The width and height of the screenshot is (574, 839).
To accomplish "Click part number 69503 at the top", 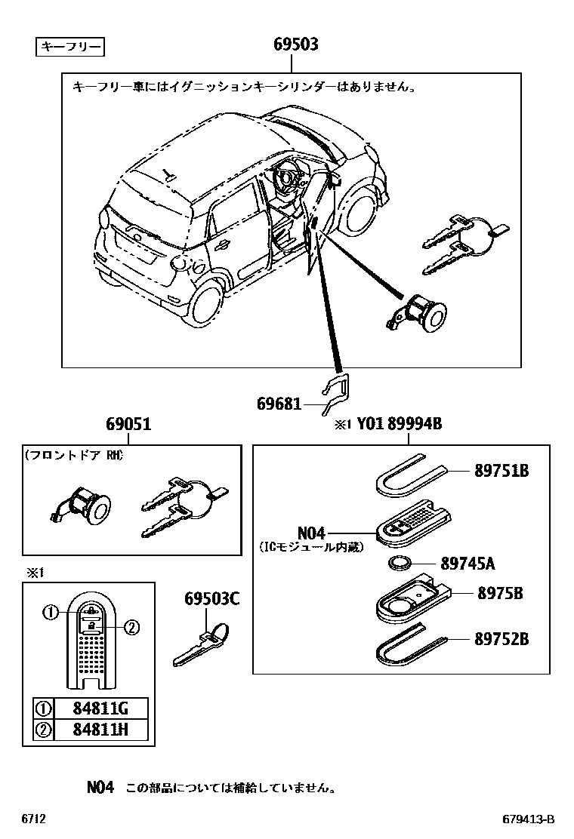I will pos(295,45).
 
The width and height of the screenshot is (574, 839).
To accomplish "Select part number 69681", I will pos(279,404).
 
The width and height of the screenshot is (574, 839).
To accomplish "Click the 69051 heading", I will pos(128,425).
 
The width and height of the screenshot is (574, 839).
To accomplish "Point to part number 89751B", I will pos(501,471).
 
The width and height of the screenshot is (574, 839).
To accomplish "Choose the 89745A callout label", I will pos(468,563).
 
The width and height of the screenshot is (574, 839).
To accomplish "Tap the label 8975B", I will pos(499,593).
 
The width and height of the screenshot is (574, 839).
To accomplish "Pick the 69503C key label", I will pos(211,600).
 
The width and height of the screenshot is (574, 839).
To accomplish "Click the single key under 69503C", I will pos(199,645).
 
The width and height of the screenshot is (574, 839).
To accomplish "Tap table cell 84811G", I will pos(100,709).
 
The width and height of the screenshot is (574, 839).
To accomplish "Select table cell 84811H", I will pos(100,729).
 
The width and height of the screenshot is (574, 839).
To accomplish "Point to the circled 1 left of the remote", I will pos(50,613).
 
